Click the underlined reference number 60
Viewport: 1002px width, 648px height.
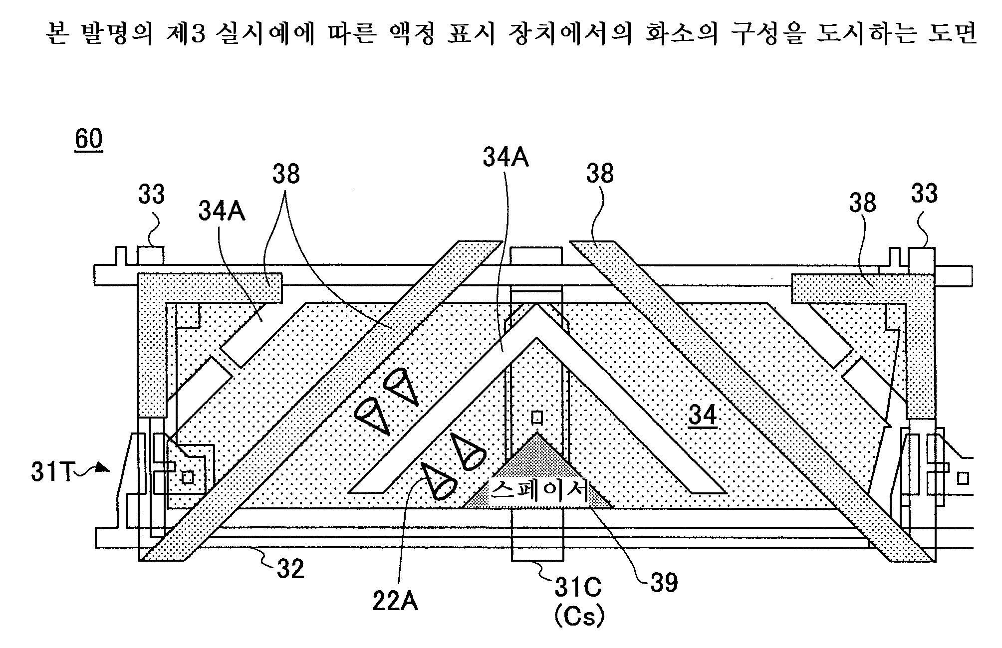tap(89, 139)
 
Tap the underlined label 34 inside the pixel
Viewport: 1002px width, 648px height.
tap(703, 416)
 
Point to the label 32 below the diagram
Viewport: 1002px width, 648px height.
tap(290, 569)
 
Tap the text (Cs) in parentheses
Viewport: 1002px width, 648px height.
tap(579, 617)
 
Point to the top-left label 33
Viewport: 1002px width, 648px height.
tap(151, 194)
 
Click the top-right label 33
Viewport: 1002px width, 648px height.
tap(924, 193)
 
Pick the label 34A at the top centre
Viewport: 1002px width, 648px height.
tap(505, 158)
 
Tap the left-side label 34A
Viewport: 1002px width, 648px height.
tap(222, 211)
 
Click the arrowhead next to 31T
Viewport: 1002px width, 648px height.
tap(103, 467)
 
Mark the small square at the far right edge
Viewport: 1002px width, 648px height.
tap(964, 478)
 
